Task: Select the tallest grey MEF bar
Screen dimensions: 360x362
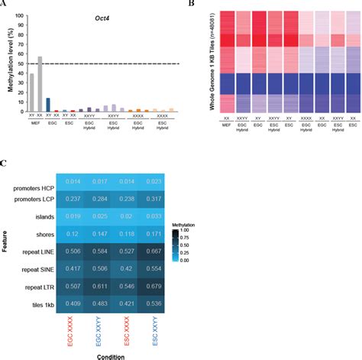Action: click(x=40, y=84)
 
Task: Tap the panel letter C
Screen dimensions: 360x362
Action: click(x=5, y=164)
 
